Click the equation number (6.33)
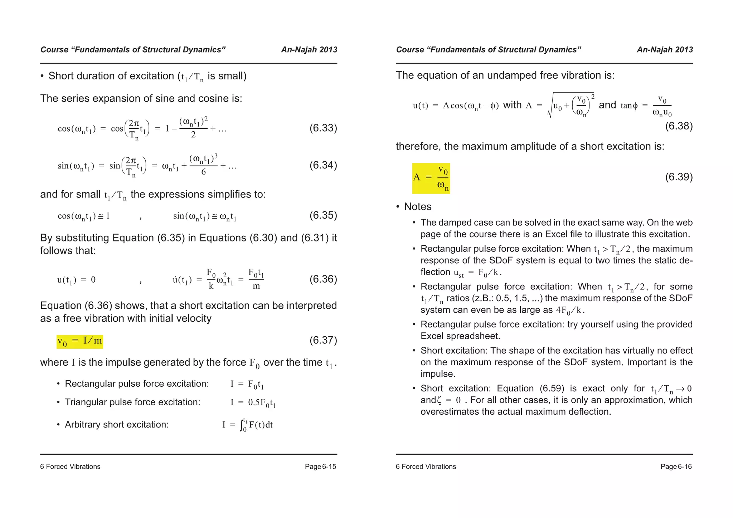point(323,128)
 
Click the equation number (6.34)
point(323,165)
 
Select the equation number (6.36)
point(323,279)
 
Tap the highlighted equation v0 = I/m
point(80,341)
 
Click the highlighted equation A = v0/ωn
point(431,178)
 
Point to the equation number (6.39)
point(679,177)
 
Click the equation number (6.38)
point(679,126)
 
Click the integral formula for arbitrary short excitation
point(247,425)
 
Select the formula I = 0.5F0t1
point(253,403)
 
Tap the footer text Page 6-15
point(320,466)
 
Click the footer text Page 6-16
point(676,466)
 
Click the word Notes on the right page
point(418,207)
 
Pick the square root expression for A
point(571,105)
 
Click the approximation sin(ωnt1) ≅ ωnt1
point(205,216)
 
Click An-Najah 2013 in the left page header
point(309,50)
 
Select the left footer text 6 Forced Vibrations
point(70,466)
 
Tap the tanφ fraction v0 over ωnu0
point(662,106)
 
